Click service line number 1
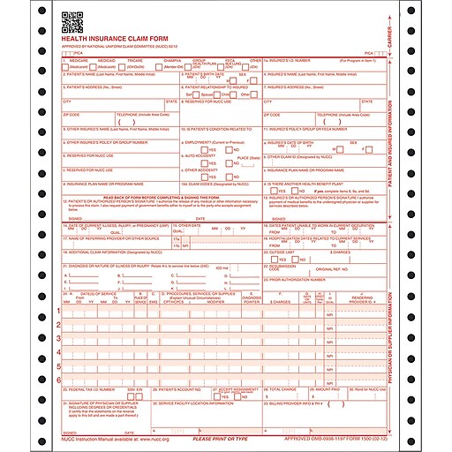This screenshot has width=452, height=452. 59,311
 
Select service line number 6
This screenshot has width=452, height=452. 59,378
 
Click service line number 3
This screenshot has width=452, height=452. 59,338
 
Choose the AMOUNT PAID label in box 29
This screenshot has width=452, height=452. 324,388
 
